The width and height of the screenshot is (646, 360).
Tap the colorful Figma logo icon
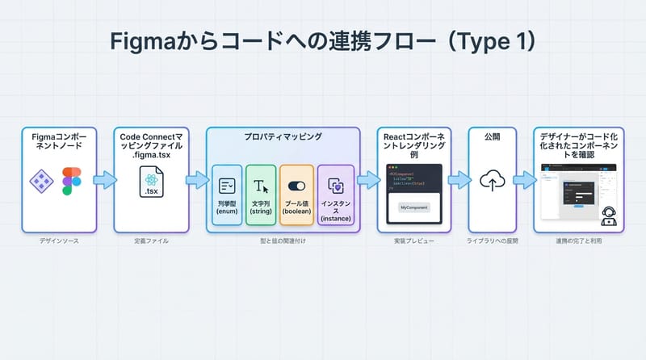(72, 181)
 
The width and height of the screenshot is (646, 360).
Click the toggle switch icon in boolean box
(296, 185)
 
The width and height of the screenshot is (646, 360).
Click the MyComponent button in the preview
(415, 208)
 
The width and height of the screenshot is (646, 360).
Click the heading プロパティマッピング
(283, 137)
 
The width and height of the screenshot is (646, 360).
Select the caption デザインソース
(59, 241)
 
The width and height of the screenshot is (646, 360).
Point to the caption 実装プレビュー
(415, 241)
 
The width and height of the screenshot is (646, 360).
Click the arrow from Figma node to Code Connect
(105, 179)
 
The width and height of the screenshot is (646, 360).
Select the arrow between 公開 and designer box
(524, 179)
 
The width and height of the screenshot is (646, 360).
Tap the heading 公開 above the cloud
(492, 138)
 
